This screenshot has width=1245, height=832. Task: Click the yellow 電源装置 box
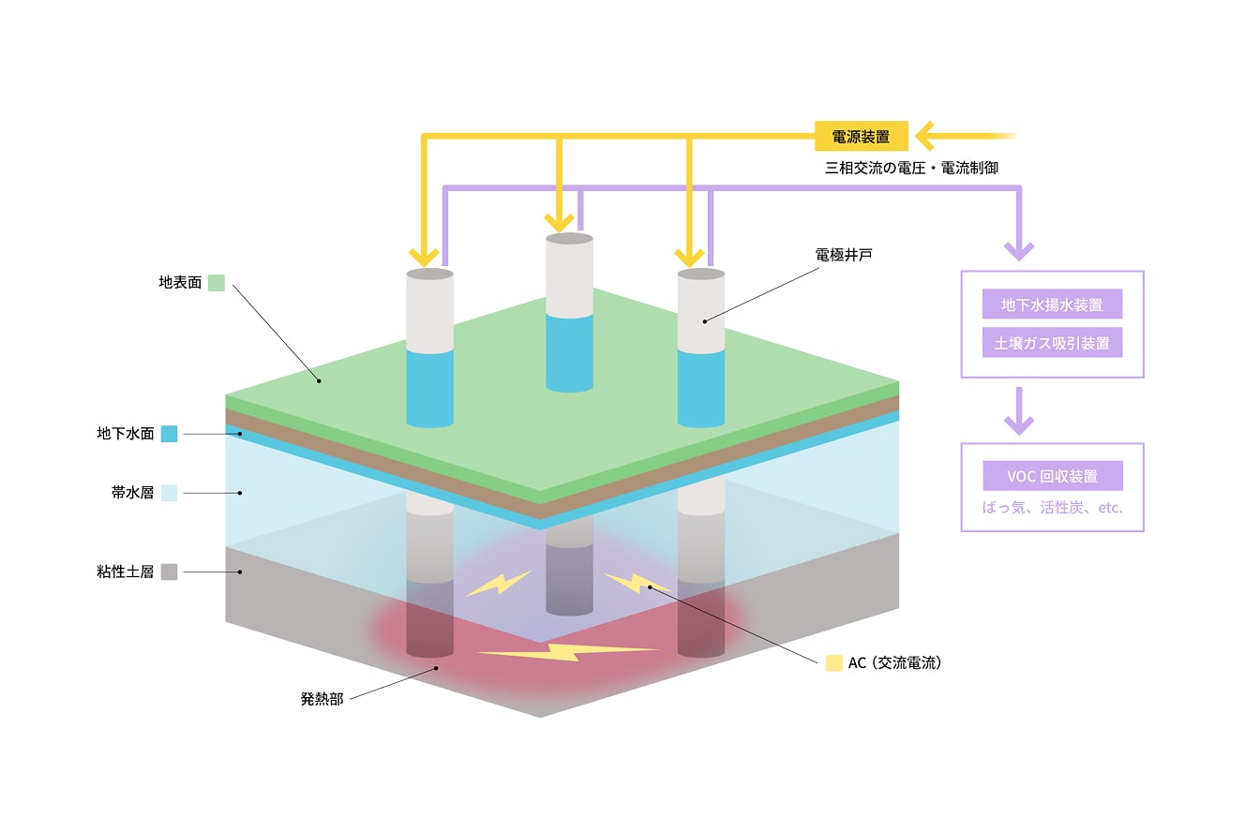click(861, 137)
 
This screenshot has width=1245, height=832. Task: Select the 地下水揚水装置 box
click(1052, 305)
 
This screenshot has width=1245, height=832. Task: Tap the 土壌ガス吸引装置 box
click(1052, 343)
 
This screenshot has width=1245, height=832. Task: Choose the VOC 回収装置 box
click(1052, 476)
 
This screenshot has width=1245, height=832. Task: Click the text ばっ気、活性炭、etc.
click(1052, 509)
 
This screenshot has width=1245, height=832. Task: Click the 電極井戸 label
click(844, 254)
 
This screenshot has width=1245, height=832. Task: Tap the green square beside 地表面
click(217, 282)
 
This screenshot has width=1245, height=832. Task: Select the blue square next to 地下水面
click(170, 434)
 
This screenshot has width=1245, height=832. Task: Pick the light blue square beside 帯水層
click(170, 493)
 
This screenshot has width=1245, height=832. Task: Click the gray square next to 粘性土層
click(170, 572)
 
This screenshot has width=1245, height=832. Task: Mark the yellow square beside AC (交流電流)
click(833, 663)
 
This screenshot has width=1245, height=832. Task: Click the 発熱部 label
click(322, 699)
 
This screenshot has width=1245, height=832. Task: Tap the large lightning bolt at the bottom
click(568, 651)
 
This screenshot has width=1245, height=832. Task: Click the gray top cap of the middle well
click(569, 239)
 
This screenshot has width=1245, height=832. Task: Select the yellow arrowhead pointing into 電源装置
click(928, 137)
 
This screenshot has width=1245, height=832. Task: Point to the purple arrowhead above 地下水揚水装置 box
click(1019, 249)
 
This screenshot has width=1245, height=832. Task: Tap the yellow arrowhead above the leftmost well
click(425, 255)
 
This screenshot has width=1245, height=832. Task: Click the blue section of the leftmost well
click(430, 387)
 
